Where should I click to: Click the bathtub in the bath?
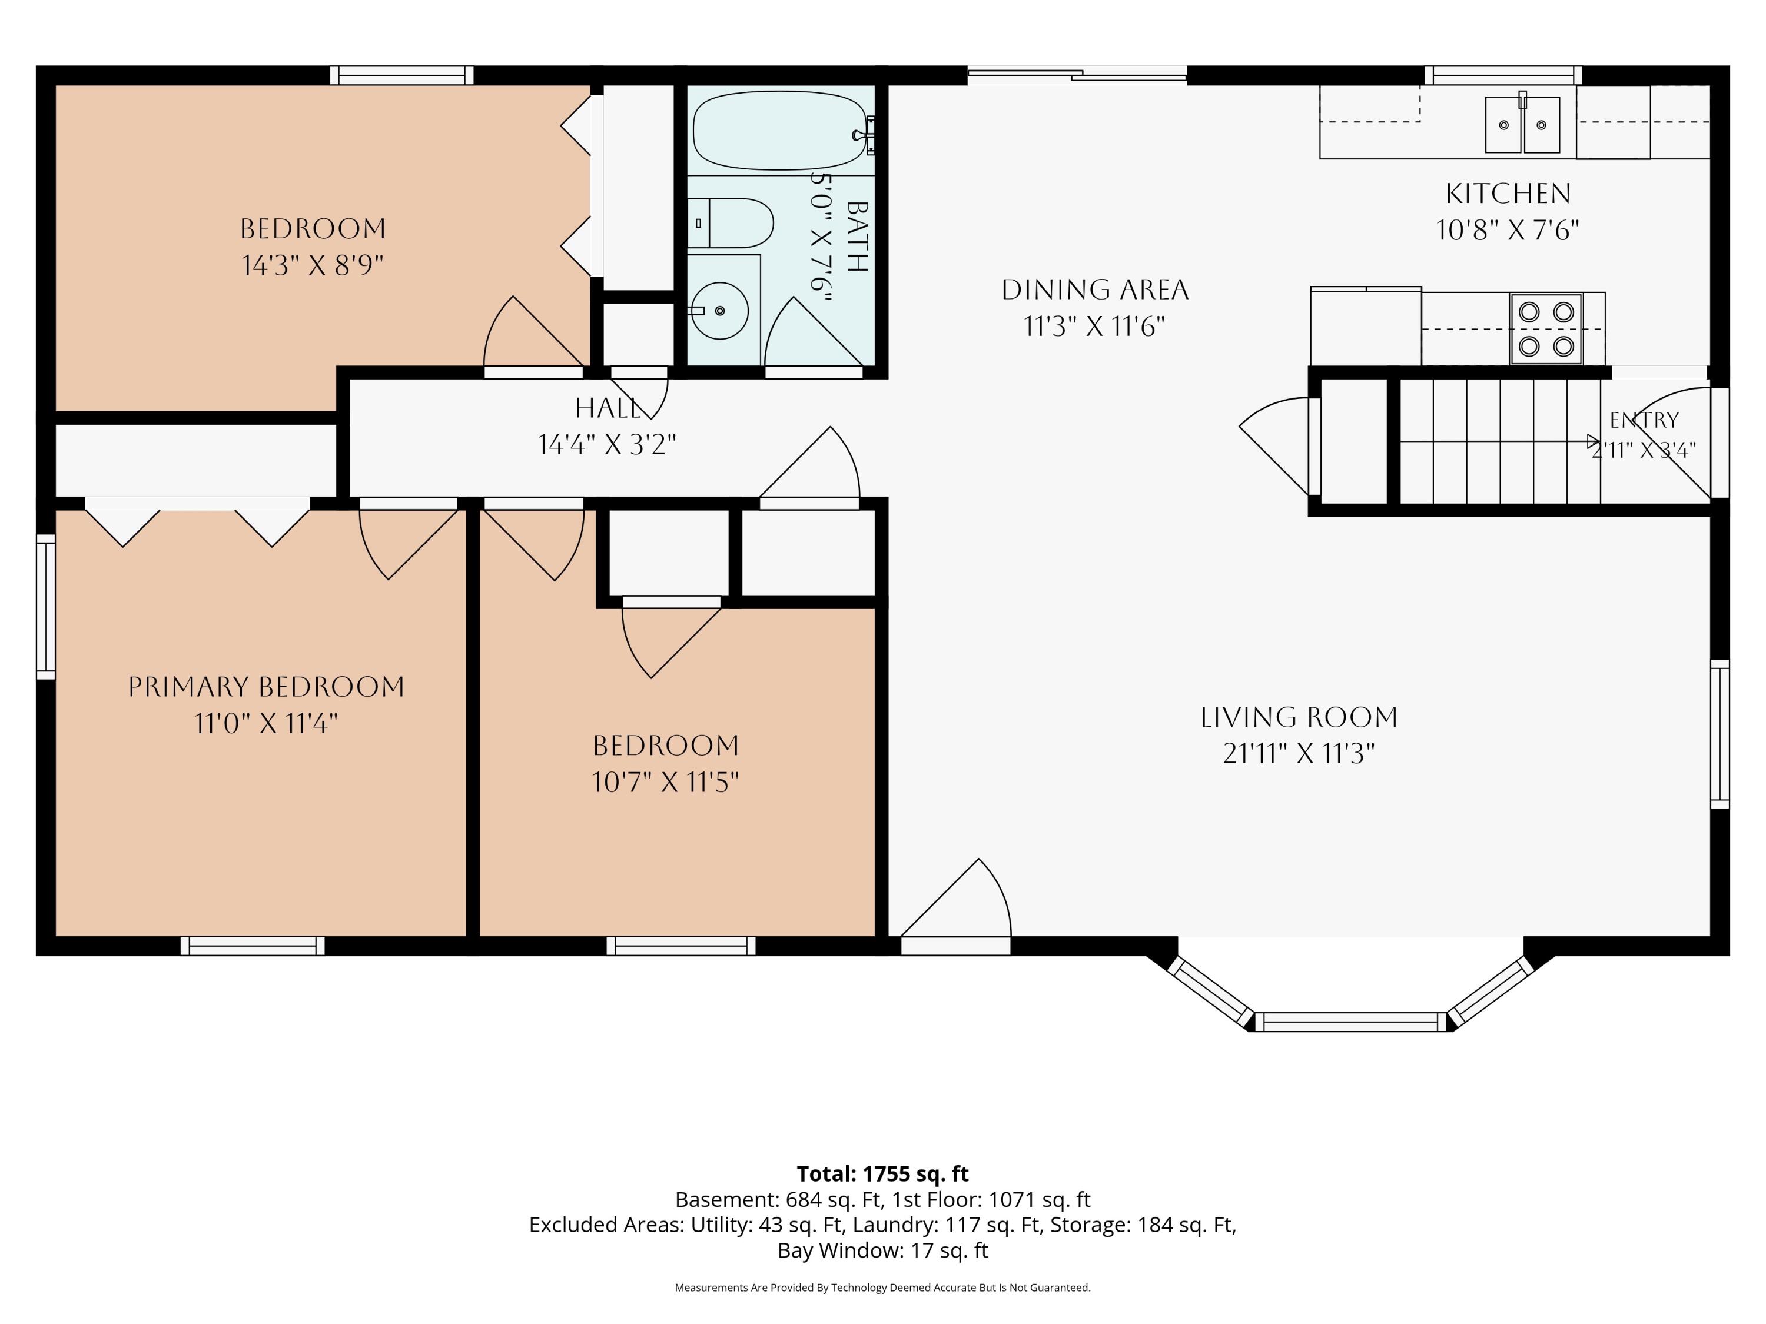pos(779,131)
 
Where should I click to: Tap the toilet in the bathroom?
pos(730,222)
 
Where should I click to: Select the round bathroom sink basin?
pos(719,311)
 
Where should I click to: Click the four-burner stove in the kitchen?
pos(1546,330)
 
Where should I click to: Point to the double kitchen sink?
pos(1522,125)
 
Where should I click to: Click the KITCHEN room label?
pos(1508,193)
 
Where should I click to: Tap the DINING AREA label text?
pos(1094,290)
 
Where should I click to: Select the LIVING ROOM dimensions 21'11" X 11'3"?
pos(1299,753)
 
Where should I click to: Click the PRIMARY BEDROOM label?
pos(266,687)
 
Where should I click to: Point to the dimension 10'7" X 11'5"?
pos(665,782)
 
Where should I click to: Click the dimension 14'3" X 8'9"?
pos(313,265)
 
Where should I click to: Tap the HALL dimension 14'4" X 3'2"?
pos(607,444)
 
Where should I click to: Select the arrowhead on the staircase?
pos(1594,441)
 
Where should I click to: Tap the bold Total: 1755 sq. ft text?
pos(882,1174)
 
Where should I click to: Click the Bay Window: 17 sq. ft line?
pos(882,1250)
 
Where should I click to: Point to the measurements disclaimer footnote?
pos(882,1288)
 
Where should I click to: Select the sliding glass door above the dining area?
pos(1077,75)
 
